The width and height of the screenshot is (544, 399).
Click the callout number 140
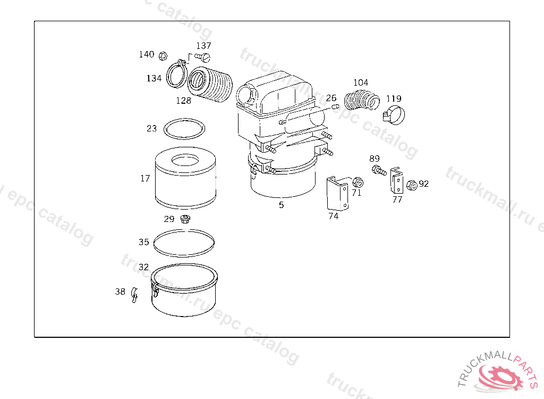tap(146, 54)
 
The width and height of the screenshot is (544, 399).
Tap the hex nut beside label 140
tap(164, 55)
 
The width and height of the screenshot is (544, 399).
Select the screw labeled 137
tap(203, 56)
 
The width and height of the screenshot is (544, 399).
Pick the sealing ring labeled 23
tap(184, 128)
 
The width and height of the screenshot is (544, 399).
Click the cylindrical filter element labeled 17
tap(186, 179)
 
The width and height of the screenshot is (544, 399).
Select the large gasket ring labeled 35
tap(184, 243)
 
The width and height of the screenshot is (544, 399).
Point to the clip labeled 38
tap(134, 293)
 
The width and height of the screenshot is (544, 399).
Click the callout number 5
tap(281, 205)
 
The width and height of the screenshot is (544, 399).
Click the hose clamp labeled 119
tap(393, 113)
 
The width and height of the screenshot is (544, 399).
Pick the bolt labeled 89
tap(378, 171)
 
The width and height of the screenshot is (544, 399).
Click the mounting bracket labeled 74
tap(337, 193)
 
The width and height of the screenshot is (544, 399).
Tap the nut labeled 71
tap(358, 182)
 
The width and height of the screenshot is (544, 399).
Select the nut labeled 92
tap(411, 185)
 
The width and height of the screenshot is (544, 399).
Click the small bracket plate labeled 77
tap(396, 181)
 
